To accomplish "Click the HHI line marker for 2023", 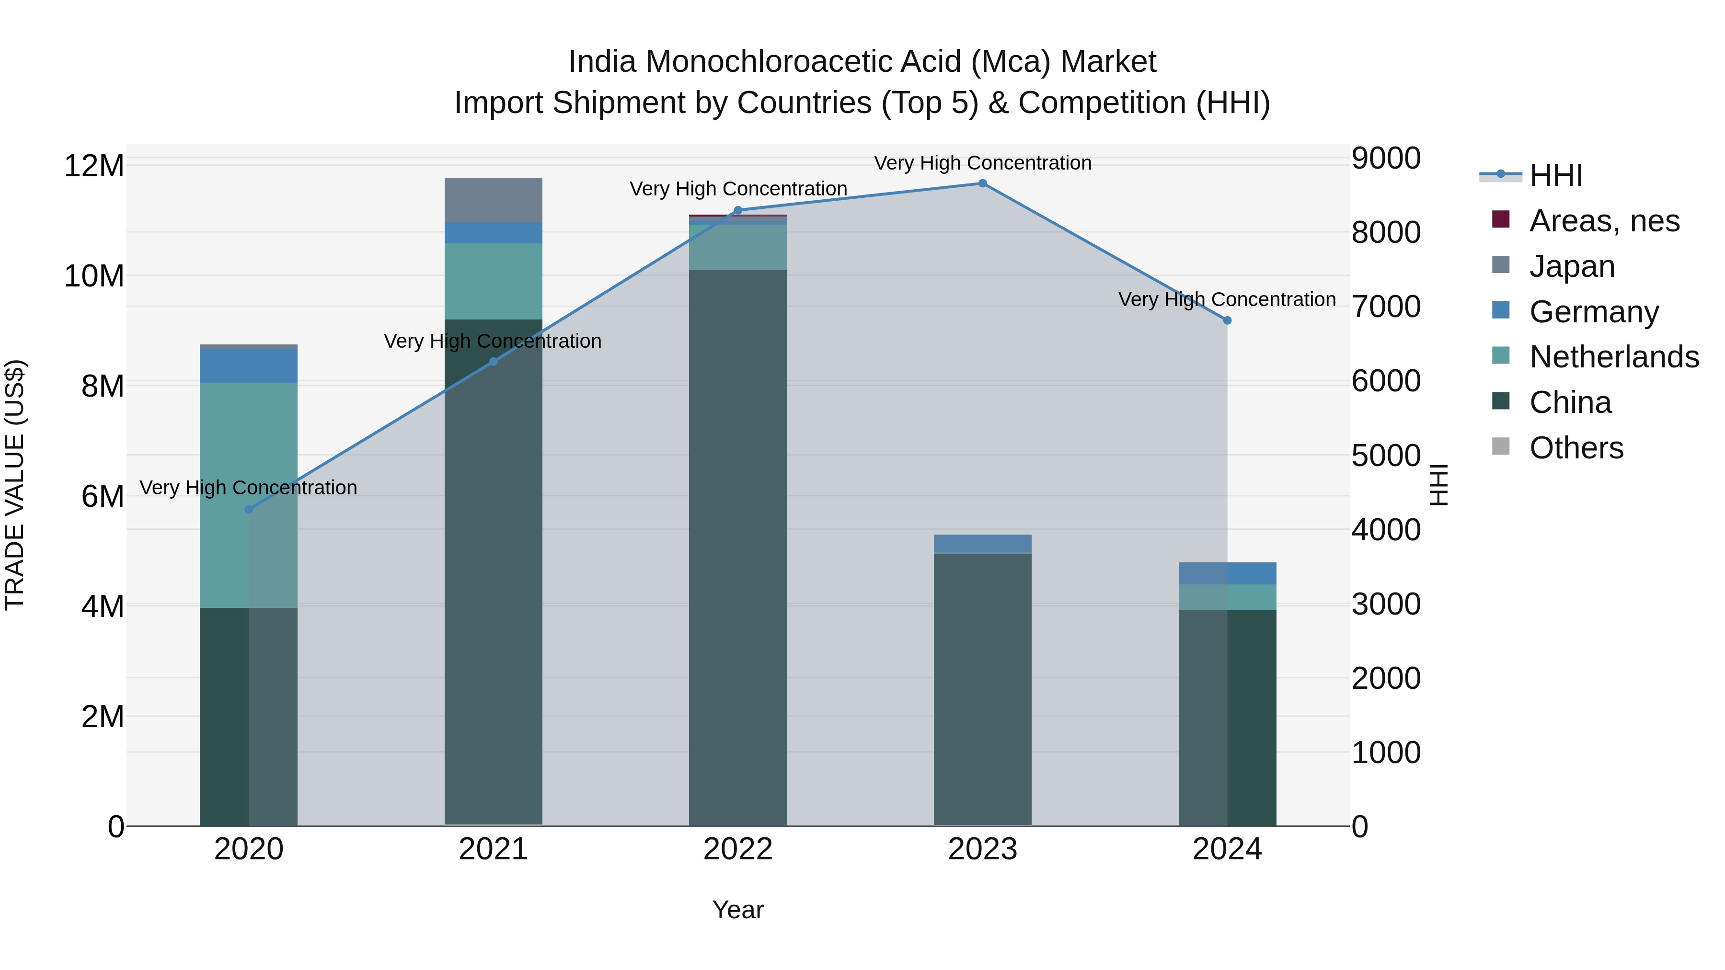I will point(982,183).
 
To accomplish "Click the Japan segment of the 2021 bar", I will point(494,200).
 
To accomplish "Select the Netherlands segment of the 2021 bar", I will point(494,281).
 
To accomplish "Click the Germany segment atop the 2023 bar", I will point(982,544).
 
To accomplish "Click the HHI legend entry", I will point(1555,175).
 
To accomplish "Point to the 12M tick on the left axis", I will point(94,165).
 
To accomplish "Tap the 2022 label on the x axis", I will point(738,849).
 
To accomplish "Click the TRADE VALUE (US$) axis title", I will point(15,485).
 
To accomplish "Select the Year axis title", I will point(738,910).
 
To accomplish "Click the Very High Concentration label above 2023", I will point(982,163).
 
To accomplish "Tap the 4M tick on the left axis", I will point(103,606).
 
